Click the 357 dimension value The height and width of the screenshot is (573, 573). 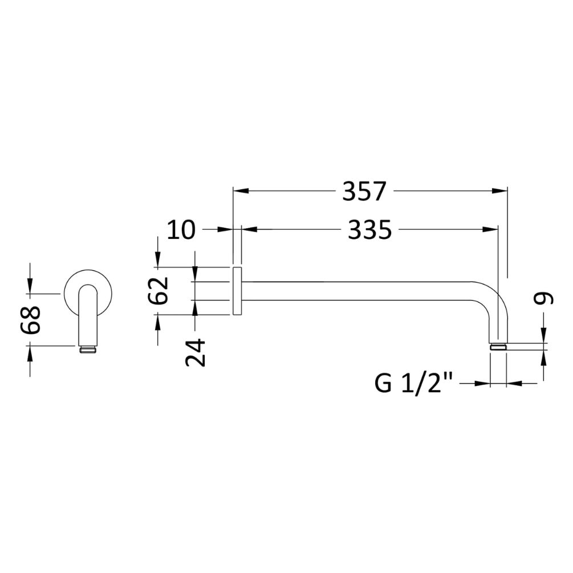[x=365, y=191]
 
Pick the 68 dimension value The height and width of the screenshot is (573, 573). [x=30, y=321]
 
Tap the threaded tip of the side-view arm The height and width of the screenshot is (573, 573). [x=498, y=346]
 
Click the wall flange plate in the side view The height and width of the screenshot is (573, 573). [x=237, y=290]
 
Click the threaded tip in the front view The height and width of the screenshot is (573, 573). [x=88, y=349]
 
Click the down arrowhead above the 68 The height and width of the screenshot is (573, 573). [x=30, y=288]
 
